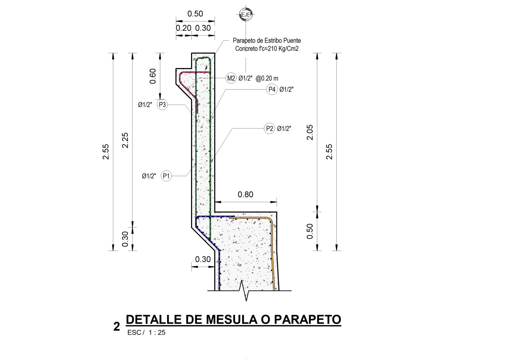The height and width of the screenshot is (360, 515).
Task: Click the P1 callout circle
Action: click(166, 176)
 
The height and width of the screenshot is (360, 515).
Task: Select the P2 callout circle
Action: click(270, 128)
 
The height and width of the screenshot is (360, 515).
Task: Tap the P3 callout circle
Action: click(162, 105)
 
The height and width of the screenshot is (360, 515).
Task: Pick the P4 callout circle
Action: click(272, 89)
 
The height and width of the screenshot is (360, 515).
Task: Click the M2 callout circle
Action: click(231, 78)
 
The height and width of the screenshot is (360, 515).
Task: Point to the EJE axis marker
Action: click(246, 14)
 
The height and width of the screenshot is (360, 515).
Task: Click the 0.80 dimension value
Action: click(245, 195)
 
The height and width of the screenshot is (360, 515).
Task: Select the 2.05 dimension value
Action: click(310, 132)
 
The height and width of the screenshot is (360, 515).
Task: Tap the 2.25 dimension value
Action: click(125, 140)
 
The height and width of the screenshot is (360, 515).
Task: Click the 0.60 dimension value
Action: click(153, 76)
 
